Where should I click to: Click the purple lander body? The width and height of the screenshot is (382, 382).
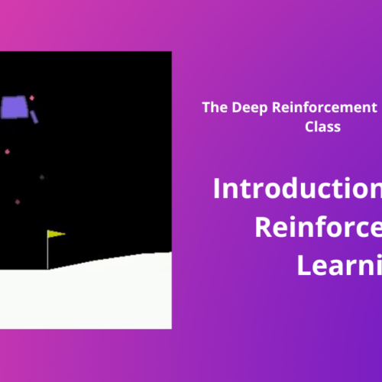[13, 107]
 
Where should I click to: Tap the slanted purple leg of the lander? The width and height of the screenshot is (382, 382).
[34, 116]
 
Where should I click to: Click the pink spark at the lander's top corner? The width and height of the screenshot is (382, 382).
[31, 98]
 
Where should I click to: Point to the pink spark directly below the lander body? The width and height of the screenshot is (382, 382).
[8, 151]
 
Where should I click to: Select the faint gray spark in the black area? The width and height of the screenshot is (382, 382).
[41, 176]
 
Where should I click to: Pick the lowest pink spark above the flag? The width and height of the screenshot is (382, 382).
[18, 202]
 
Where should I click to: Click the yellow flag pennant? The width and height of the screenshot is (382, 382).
[56, 234]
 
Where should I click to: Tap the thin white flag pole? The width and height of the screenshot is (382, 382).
[48, 252]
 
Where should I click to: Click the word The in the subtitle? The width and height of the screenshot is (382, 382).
[213, 108]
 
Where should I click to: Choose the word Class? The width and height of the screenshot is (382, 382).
[323, 127]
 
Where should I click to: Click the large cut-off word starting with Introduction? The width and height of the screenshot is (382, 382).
[298, 188]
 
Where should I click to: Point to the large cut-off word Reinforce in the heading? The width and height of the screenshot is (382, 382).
[317, 227]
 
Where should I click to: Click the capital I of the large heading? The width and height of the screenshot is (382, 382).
[218, 188]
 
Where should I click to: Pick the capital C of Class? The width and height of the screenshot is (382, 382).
[309, 127]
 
